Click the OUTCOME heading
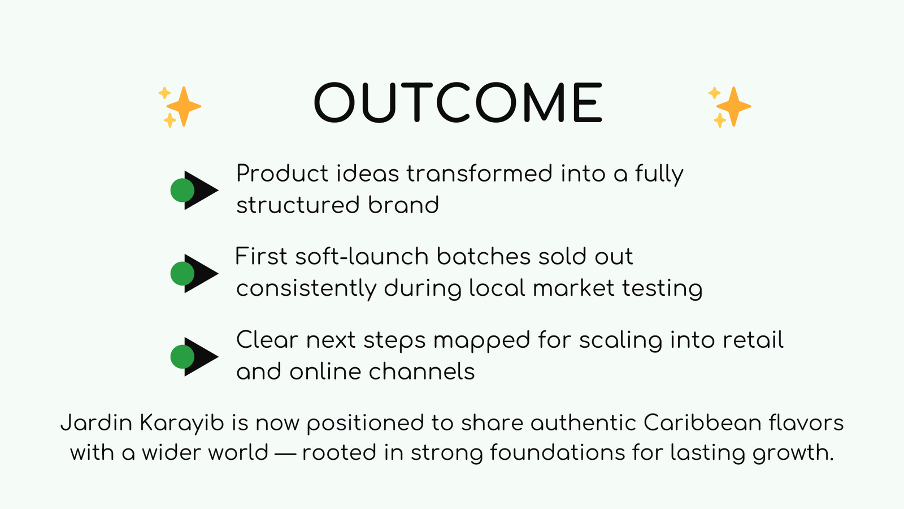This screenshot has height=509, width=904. (458, 103)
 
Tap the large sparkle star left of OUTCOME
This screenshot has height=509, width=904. (183, 106)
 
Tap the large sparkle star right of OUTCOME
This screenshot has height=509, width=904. (733, 106)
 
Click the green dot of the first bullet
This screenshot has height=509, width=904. (182, 191)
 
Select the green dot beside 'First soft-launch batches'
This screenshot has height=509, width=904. (182, 274)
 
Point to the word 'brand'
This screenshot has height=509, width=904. (403, 205)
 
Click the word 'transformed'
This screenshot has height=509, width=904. (479, 174)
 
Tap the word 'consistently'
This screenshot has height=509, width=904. (306, 288)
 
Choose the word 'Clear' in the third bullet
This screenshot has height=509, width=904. (267, 340)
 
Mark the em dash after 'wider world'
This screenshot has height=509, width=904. (285, 453)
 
